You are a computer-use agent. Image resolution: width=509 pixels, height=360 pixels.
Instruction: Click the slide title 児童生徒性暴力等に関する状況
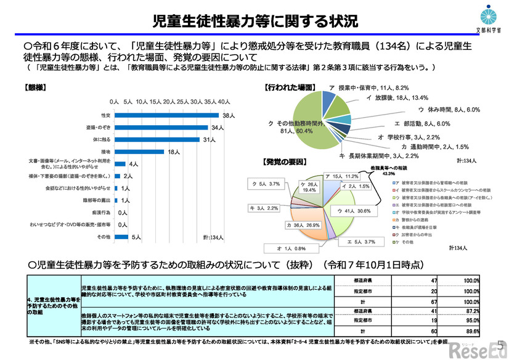254,21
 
